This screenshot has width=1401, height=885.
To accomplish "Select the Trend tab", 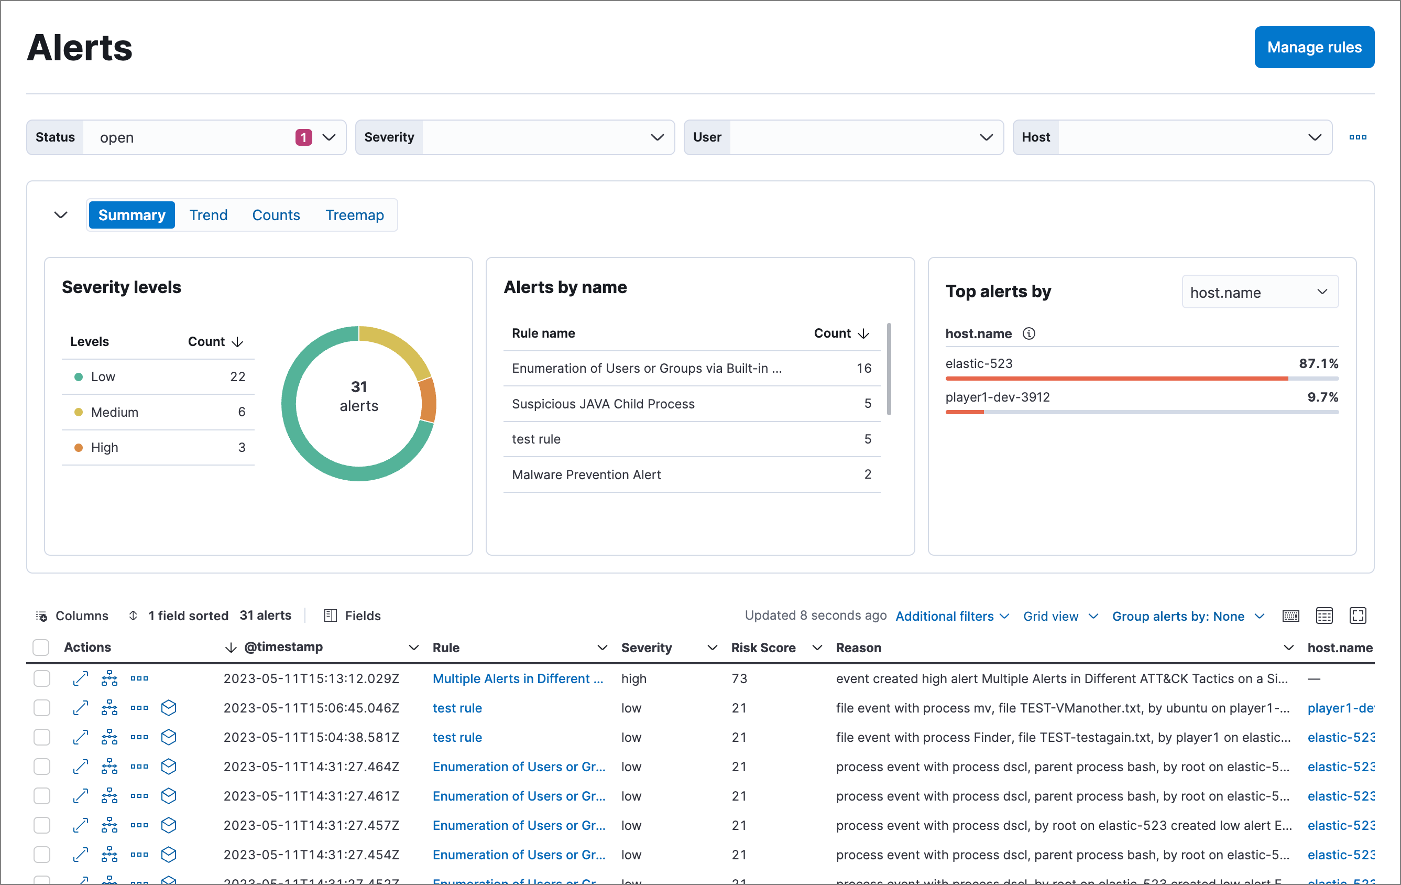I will point(209,215).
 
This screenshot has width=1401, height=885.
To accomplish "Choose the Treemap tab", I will point(354,215).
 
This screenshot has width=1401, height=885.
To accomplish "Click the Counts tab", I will point(276,215).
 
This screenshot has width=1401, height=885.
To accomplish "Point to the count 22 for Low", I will point(237,377).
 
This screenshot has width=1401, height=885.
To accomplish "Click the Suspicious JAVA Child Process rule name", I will point(603,404).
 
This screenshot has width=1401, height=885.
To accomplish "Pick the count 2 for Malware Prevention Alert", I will point(867,474).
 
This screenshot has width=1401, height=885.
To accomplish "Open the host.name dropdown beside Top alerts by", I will point(1260,292).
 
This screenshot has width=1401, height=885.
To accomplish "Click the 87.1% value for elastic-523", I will point(1318,364).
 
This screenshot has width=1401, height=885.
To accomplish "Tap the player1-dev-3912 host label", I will point(997,397).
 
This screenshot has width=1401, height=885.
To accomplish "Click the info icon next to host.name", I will point(1028,333).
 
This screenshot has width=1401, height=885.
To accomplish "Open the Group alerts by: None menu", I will point(1187,616).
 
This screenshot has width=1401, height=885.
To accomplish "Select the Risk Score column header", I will point(763,647).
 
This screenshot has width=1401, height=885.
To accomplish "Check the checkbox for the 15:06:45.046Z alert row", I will point(42,708).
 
